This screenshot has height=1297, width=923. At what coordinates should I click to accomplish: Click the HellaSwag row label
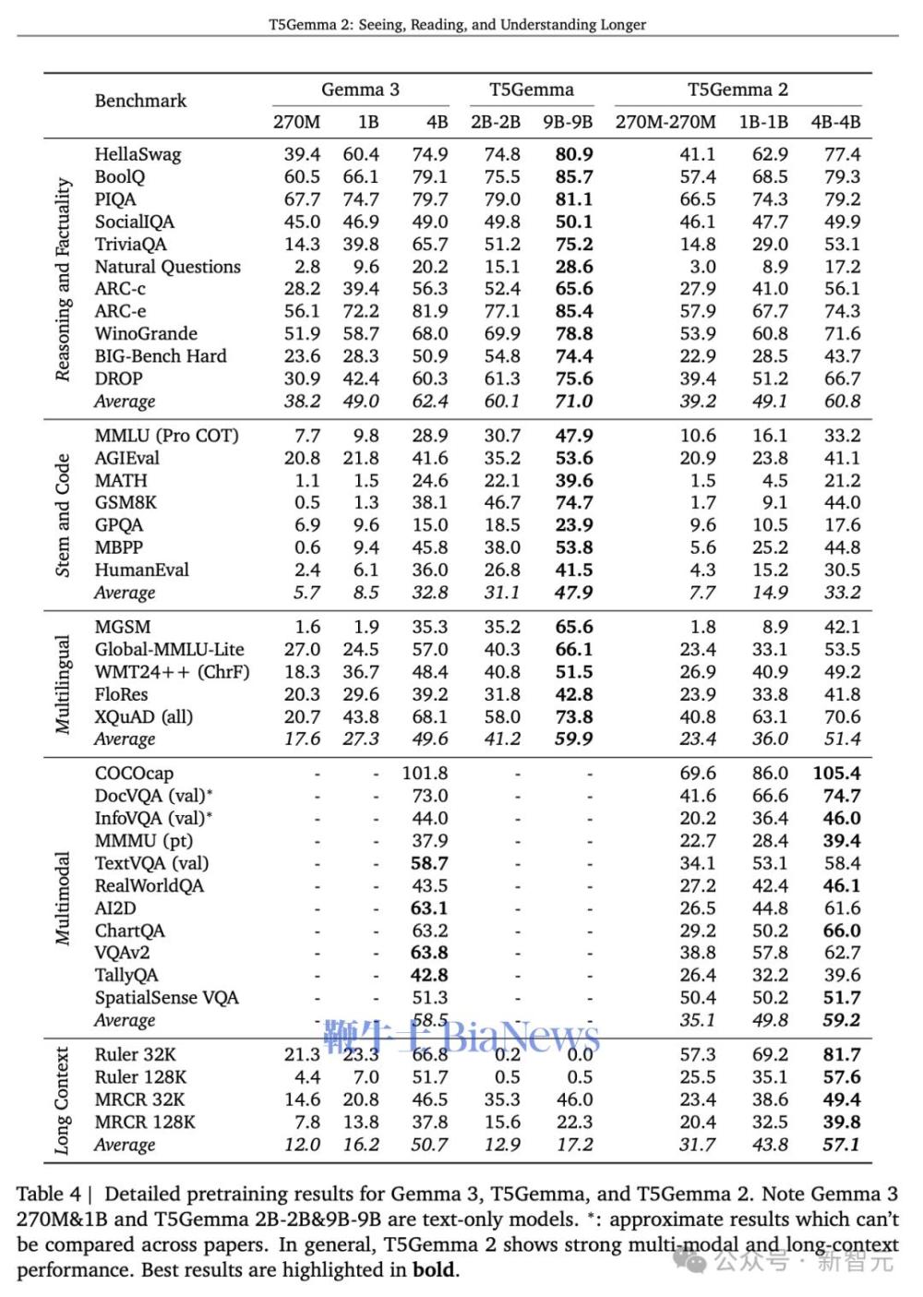coord(138,154)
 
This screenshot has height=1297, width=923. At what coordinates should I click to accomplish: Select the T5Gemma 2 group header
coord(737,90)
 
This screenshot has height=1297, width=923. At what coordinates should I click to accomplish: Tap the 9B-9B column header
coord(568,122)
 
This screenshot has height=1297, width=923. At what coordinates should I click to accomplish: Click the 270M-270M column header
coord(665,122)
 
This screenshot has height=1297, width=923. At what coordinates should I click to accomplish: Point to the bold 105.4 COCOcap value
coord(836,773)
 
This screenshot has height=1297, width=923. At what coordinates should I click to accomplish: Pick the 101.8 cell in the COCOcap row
coord(425,773)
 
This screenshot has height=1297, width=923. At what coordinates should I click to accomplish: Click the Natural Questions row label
coord(167,267)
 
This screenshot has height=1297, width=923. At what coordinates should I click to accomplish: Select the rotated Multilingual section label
coord(62,684)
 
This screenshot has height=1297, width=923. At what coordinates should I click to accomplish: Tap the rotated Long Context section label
coord(62,1099)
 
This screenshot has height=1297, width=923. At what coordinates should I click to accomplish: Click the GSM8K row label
coord(126,502)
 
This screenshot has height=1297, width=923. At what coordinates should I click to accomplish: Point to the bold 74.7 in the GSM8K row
coord(573,502)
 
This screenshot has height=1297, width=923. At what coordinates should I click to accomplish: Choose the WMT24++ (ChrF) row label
coord(172,671)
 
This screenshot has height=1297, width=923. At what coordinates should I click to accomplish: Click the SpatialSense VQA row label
coord(166,997)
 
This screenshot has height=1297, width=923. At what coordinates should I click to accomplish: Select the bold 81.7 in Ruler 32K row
coord(841,1054)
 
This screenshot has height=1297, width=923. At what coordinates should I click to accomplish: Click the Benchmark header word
coord(140,101)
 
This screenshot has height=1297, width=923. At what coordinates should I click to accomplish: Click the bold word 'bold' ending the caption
coord(434,1269)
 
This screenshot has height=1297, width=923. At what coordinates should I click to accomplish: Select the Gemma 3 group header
coord(360,90)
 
